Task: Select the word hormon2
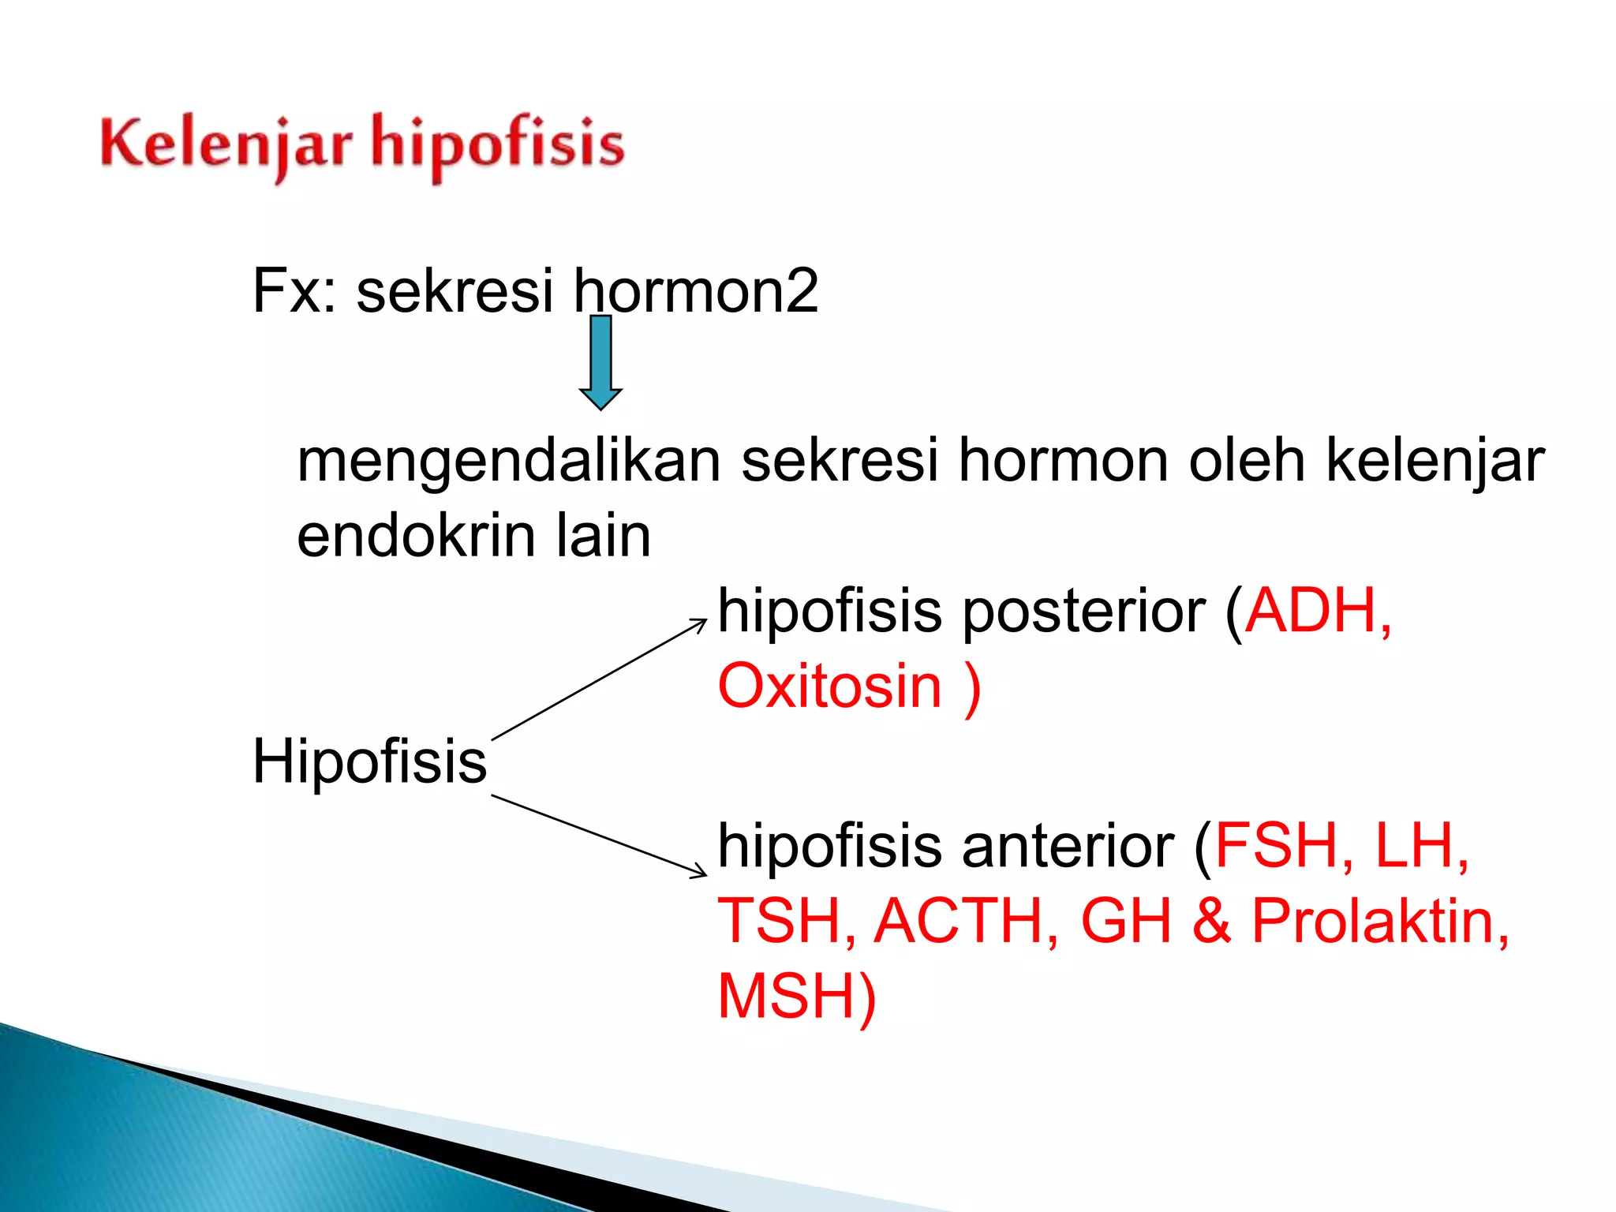[696, 290]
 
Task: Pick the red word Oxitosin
[830, 686]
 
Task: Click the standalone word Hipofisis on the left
[369, 761]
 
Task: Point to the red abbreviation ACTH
[964, 921]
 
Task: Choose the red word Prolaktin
[1373, 921]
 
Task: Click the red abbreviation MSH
[786, 996]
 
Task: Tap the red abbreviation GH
[1126, 921]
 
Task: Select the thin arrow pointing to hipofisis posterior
[600, 679]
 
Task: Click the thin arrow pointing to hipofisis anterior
[600, 836]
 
